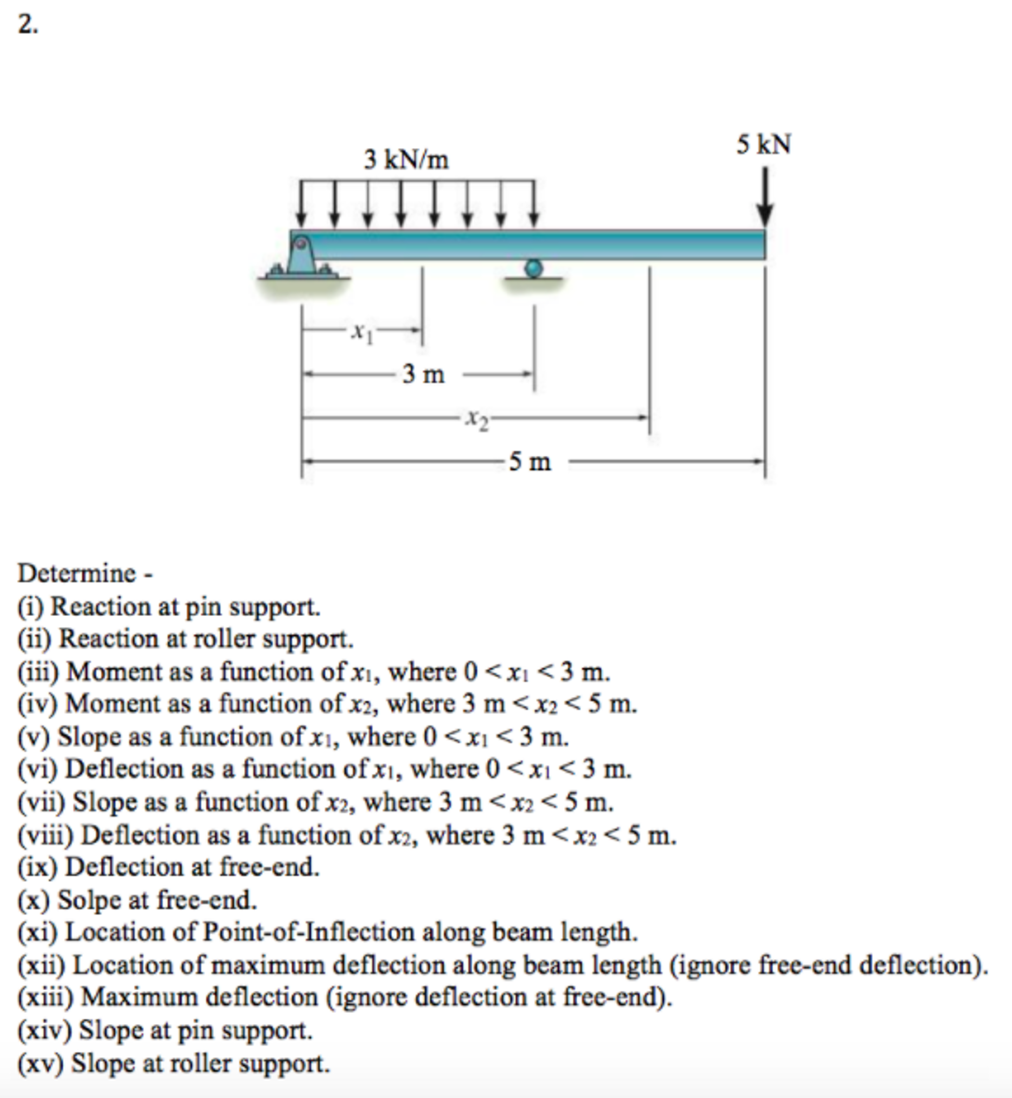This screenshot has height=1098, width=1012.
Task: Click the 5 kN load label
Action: click(x=764, y=144)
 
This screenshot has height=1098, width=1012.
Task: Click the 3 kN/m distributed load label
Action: click(x=406, y=160)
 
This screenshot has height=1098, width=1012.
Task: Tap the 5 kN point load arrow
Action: click(x=765, y=197)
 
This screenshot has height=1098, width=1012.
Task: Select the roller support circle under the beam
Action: click(x=533, y=268)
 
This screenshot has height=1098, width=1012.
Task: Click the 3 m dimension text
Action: click(x=423, y=375)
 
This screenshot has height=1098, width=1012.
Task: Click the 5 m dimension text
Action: click(x=530, y=462)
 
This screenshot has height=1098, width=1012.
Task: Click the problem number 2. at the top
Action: click(x=28, y=25)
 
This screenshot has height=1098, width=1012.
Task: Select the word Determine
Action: click(x=77, y=573)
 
